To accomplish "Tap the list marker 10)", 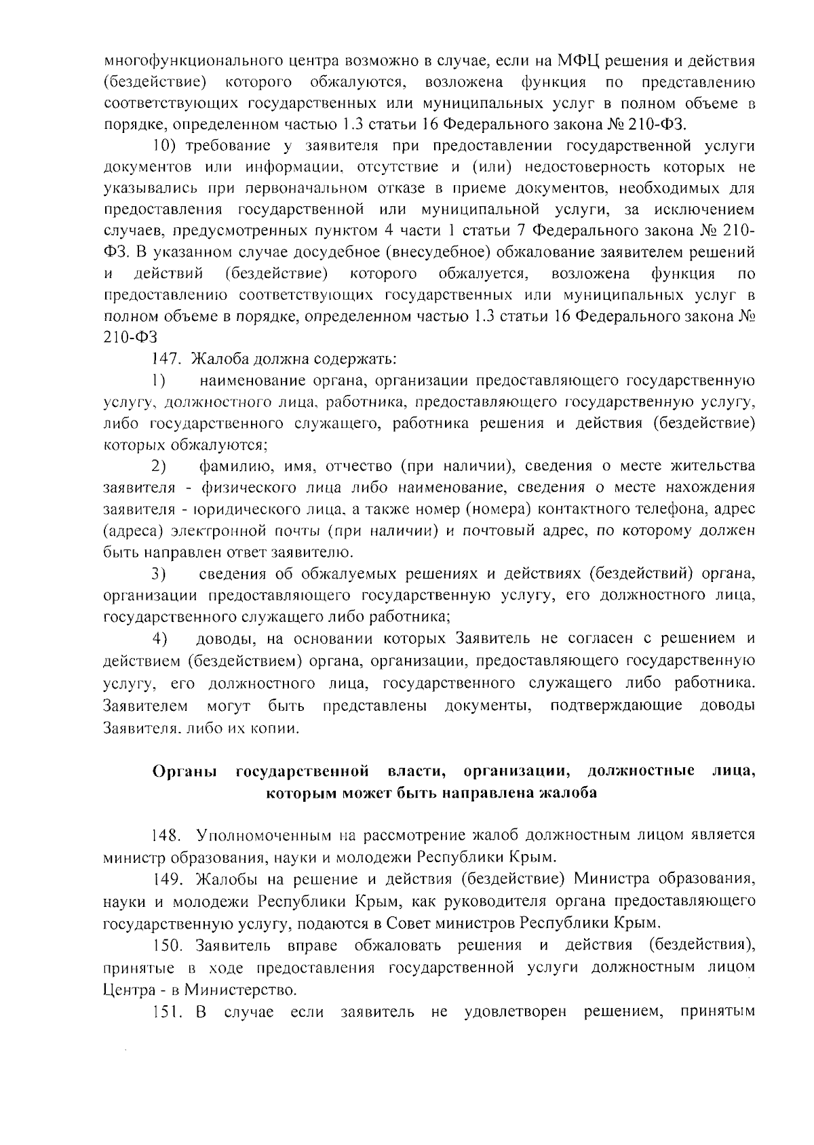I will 165,146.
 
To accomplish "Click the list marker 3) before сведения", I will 159,575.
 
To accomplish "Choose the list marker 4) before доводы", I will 159,639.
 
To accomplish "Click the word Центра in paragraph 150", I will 129,990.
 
